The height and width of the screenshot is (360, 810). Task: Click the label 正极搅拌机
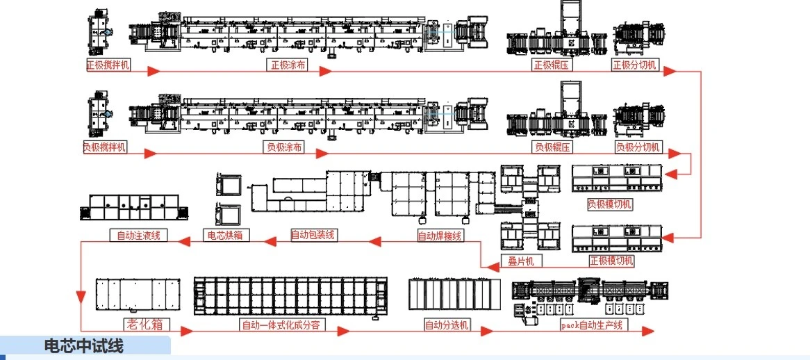(108, 65)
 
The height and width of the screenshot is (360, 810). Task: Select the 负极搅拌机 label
(106, 147)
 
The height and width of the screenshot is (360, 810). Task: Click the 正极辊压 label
(552, 65)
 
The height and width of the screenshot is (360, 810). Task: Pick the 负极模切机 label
(609, 204)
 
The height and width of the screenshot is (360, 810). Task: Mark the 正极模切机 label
(611, 261)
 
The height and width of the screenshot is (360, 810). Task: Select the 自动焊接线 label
(440, 236)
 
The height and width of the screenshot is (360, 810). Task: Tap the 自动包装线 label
(313, 235)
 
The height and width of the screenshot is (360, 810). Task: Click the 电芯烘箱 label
(224, 235)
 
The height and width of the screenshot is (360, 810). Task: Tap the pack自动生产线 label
(594, 325)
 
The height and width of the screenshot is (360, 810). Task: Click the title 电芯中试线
(83, 346)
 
